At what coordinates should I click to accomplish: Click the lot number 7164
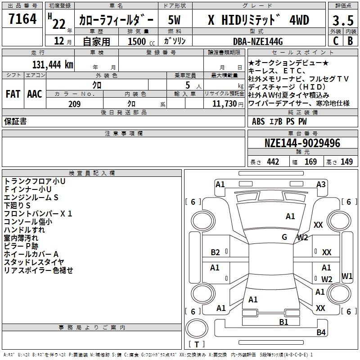pos(22,18)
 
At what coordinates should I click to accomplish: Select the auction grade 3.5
pos(343,20)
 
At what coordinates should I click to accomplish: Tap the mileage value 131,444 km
pos(53,65)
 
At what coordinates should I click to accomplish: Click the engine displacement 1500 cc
pos(141,41)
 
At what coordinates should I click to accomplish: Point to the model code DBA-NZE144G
pos(258,41)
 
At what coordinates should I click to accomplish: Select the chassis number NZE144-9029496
pos(302,143)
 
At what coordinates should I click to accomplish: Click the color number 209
pos(75,104)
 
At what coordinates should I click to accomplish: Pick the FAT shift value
pos(13,94)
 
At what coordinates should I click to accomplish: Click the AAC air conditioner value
pos(35,94)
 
